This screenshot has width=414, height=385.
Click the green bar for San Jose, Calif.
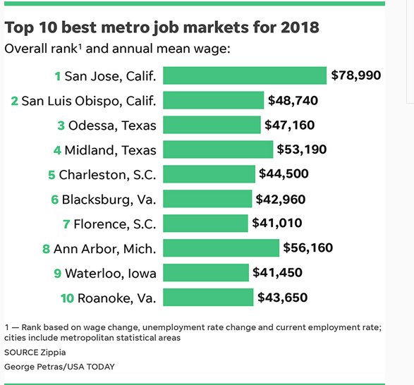[x=245, y=75]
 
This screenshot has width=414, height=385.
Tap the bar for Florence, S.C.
[x=205, y=224]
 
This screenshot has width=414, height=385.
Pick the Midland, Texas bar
[x=218, y=149]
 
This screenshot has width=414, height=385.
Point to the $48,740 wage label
[x=293, y=100]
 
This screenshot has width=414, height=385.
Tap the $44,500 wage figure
[x=284, y=174]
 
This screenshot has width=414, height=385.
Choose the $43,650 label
[x=282, y=298]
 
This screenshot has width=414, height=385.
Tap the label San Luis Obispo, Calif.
[x=89, y=100]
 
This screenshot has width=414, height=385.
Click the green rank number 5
[x=51, y=174]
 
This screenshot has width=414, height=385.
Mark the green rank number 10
[x=66, y=298]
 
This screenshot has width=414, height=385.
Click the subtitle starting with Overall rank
[x=117, y=49]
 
